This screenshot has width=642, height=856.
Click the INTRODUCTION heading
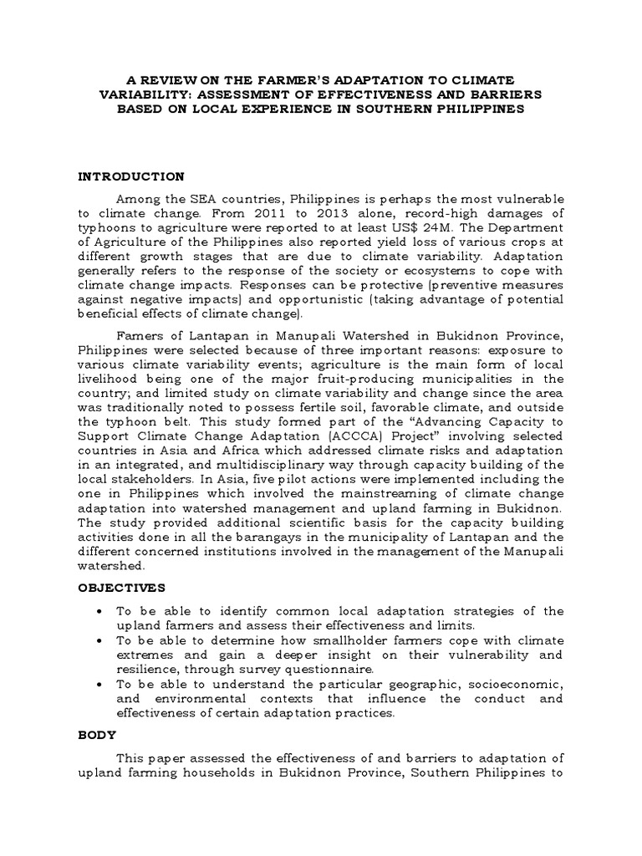point(130,176)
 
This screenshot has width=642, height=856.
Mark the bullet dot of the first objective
point(100,611)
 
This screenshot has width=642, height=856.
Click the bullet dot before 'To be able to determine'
point(100,641)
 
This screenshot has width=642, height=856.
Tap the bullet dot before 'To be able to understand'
point(100,684)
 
